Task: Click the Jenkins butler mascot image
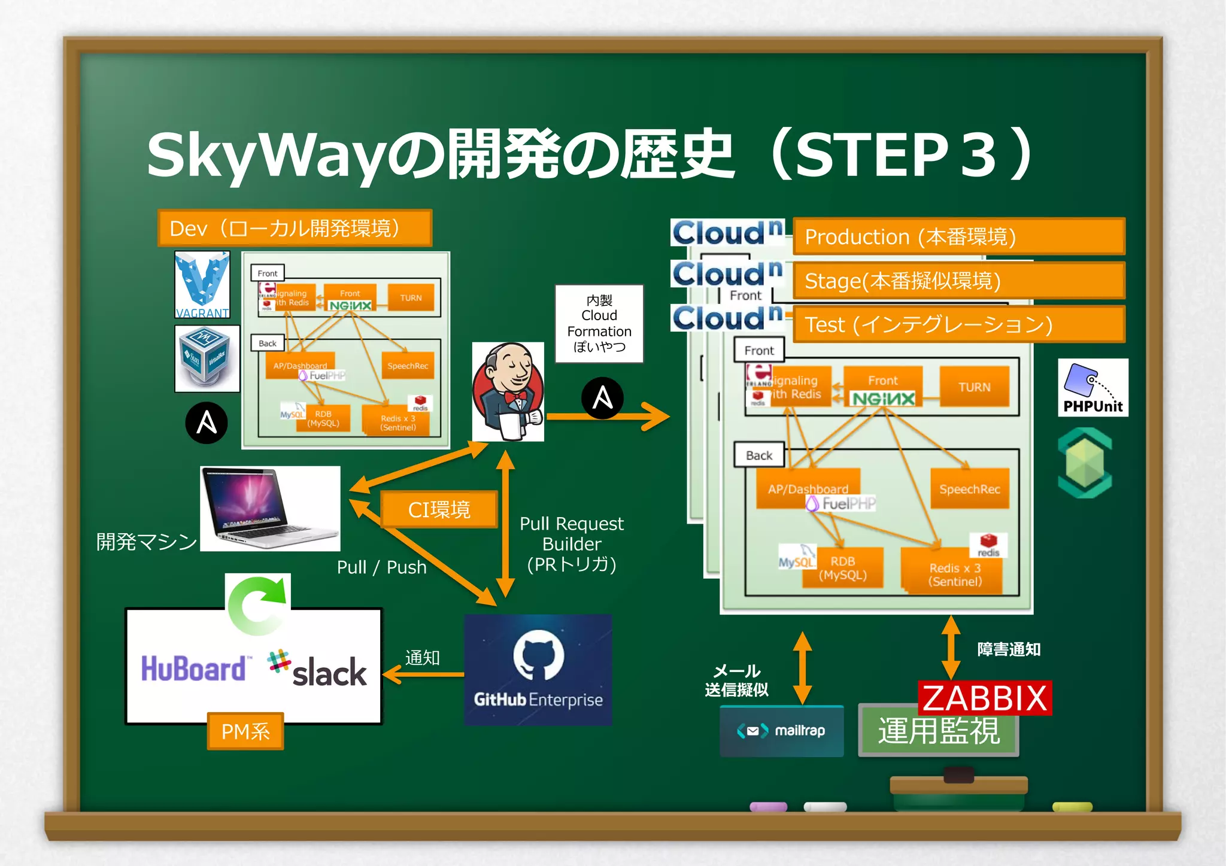[x=508, y=392]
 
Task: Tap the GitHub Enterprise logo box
[x=538, y=669]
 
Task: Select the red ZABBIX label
[x=985, y=698]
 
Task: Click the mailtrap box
[x=781, y=731]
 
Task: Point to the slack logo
[x=318, y=669]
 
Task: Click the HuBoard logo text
[x=193, y=669]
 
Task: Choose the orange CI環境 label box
[x=439, y=509]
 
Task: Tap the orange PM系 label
[x=245, y=731]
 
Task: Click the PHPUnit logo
[x=1093, y=387]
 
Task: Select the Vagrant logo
[x=202, y=284]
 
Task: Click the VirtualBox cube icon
[x=207, y=358]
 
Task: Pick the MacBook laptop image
[x=270, y=508]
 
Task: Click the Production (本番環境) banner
[x=958, y=236]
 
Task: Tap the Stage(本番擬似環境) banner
[x=958, y=280]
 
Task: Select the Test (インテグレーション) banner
[x=958, y=324]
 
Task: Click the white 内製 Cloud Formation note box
[x=599, y=323]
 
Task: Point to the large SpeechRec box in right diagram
[x=969, y=489]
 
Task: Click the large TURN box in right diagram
[x=974, y=387]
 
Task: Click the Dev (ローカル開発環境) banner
[x=294, y=228]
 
